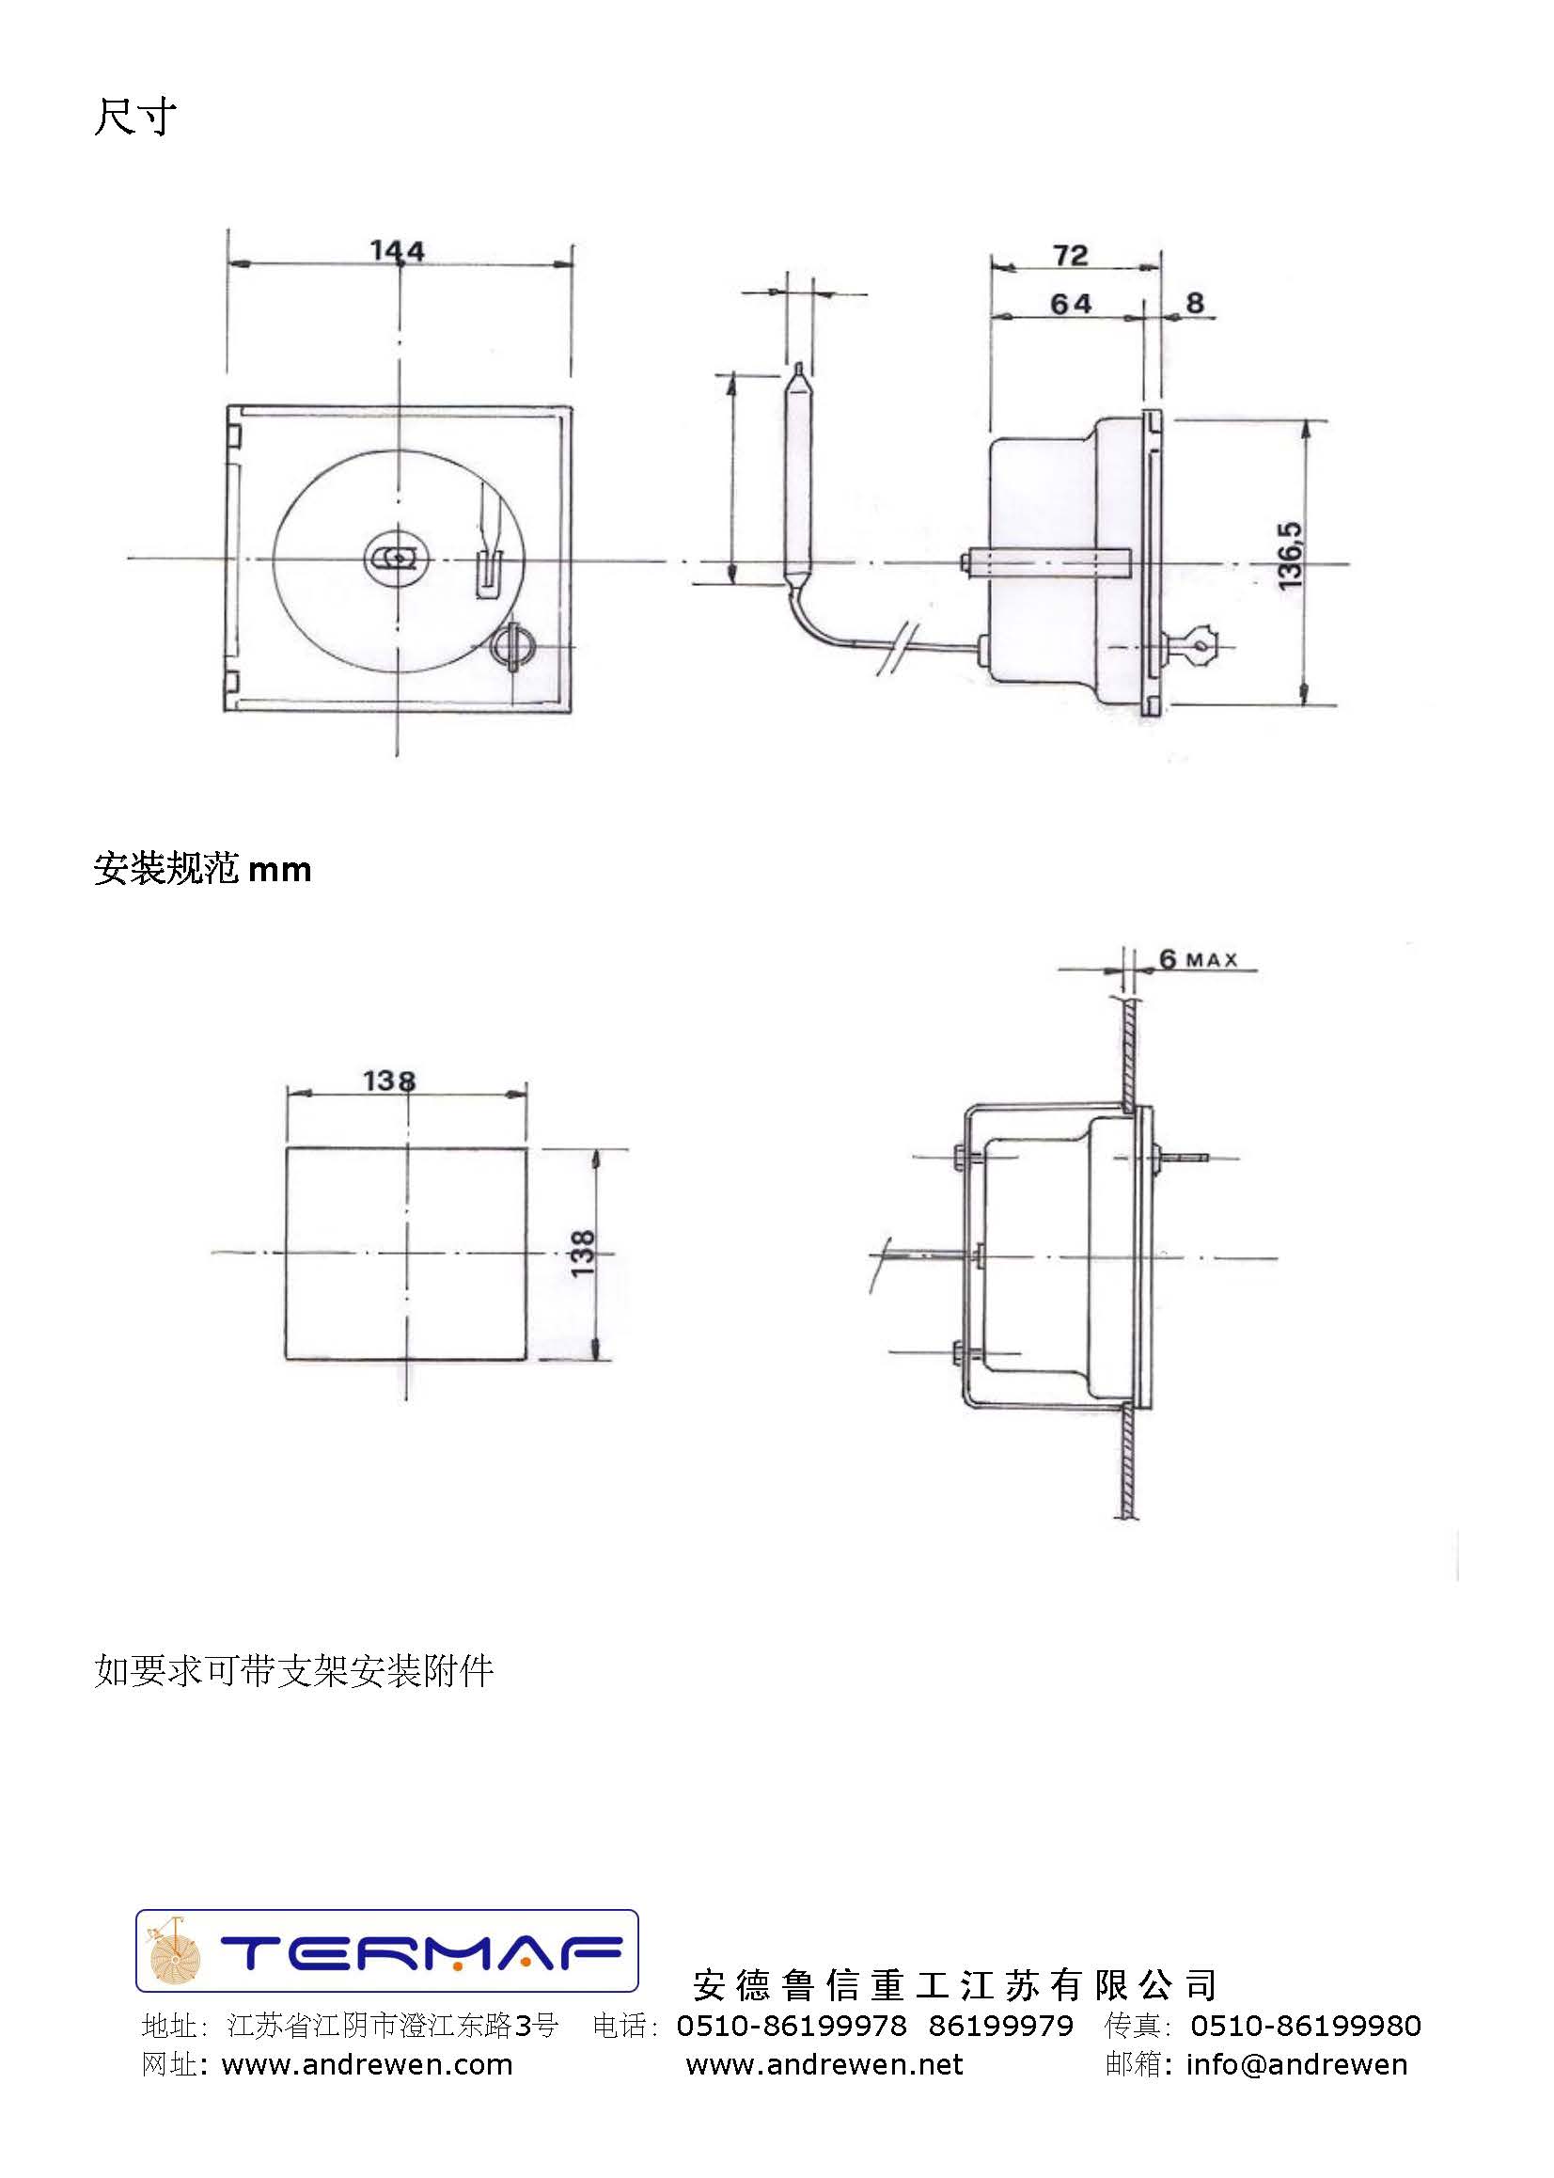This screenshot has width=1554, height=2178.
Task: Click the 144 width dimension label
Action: (397, 251)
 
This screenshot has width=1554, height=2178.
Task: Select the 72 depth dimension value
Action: (1071, 256)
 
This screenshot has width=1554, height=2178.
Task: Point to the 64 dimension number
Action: (1071, 304)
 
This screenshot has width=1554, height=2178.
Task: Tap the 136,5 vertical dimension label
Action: (1289, 556)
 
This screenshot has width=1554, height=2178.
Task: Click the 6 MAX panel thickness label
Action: (1198, 959)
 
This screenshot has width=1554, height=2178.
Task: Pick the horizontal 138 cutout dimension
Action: (389, 1081)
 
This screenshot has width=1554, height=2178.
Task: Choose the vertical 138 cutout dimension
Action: (582, 1253)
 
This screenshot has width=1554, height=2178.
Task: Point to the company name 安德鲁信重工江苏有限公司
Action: (955, 1984)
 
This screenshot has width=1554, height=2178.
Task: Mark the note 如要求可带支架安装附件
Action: (293, 1671)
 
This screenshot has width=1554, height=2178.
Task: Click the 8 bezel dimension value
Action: (1194, 303)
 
